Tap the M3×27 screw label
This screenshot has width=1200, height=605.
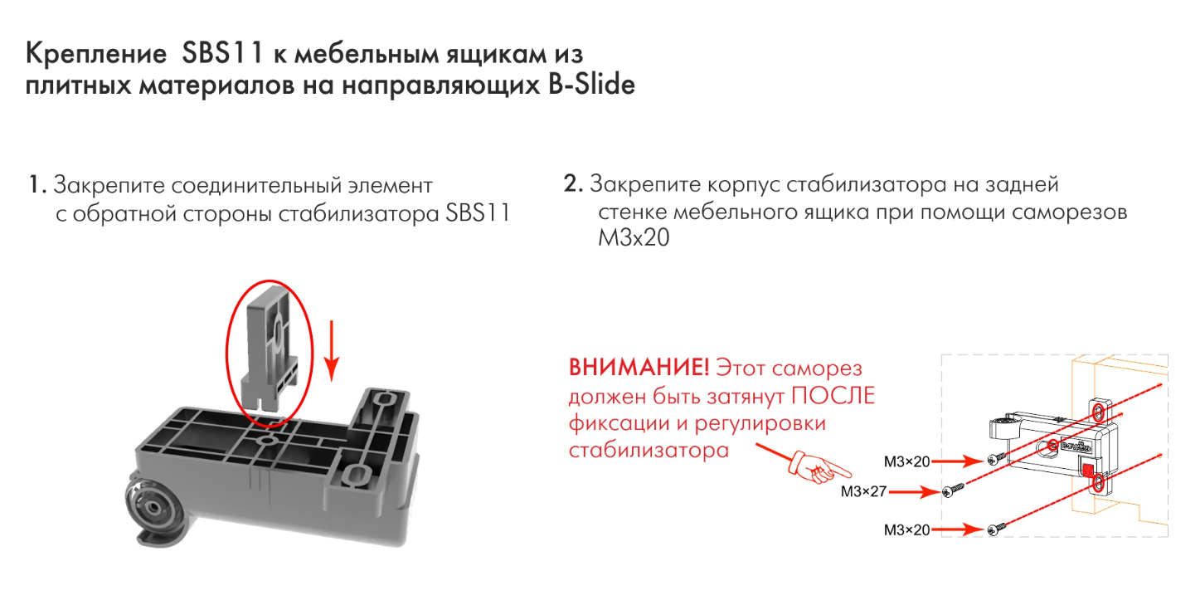863,491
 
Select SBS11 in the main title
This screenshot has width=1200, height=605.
221,55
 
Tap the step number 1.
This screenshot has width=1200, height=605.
36,184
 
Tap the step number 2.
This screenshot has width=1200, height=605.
573,184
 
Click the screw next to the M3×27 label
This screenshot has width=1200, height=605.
954,491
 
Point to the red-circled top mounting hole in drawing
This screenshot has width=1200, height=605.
1097,412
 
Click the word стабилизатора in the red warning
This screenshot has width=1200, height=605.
649,451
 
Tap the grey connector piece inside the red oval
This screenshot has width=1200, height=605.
268,349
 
